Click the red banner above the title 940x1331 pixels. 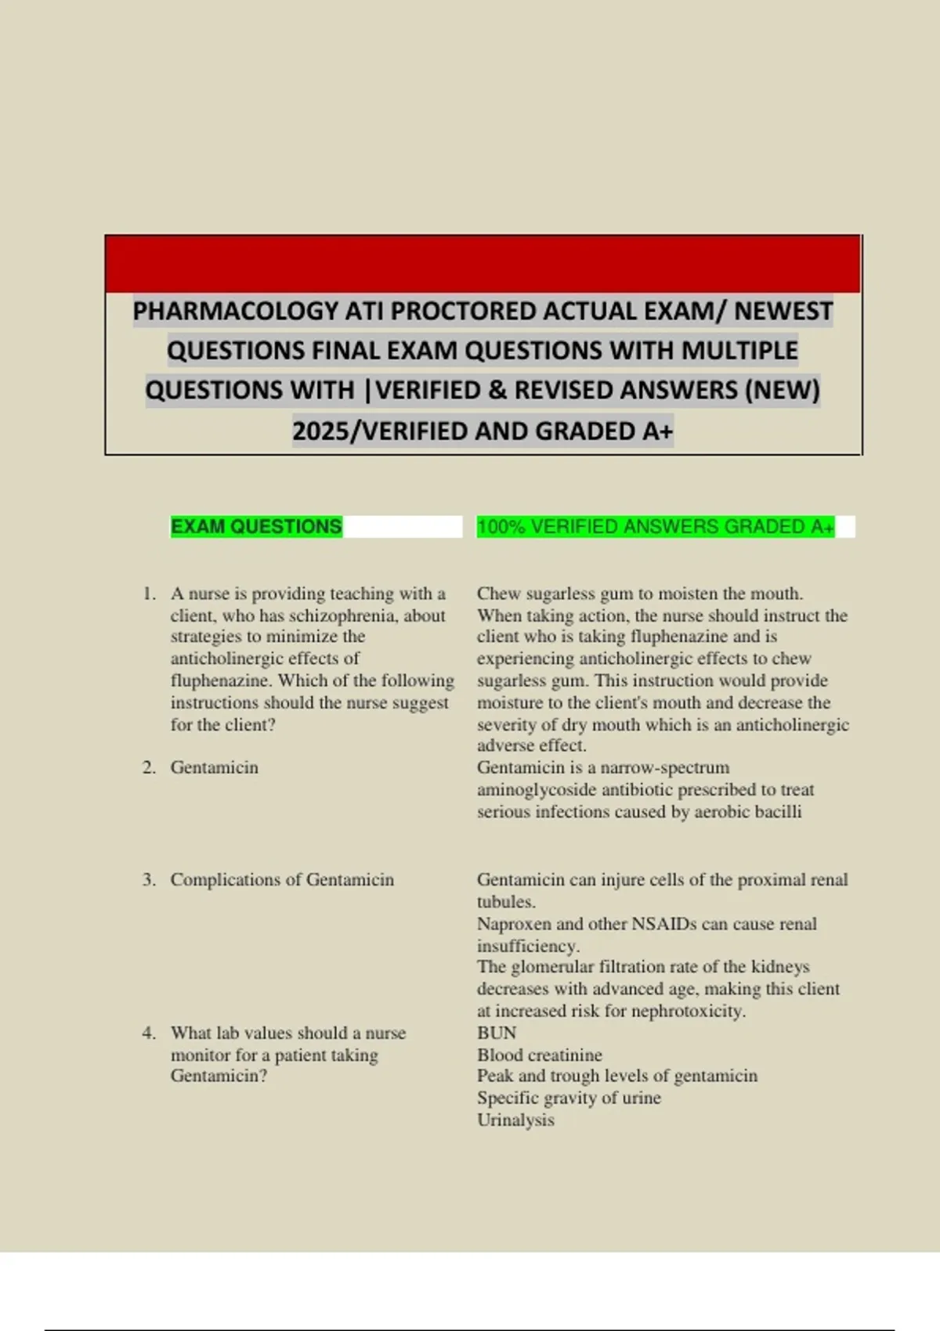tap(483, 264)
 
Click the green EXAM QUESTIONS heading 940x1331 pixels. tap(256, 526)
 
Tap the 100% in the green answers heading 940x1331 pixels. tap(502, 527)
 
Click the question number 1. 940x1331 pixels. tap(149, 593)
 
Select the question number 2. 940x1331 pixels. tap(149, 767)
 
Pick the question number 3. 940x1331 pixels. tap(149, 880)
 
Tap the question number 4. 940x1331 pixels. tap(149, 1033)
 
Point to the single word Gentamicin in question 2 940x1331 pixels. tap(214, 767)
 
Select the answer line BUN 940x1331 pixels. tap(497, 1033)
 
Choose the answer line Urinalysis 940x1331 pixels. tap(515, 1120)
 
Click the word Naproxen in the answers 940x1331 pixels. tap(513, 924)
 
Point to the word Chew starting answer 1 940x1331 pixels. tap(498, 593)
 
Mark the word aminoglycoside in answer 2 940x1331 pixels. tap(543, 789)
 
